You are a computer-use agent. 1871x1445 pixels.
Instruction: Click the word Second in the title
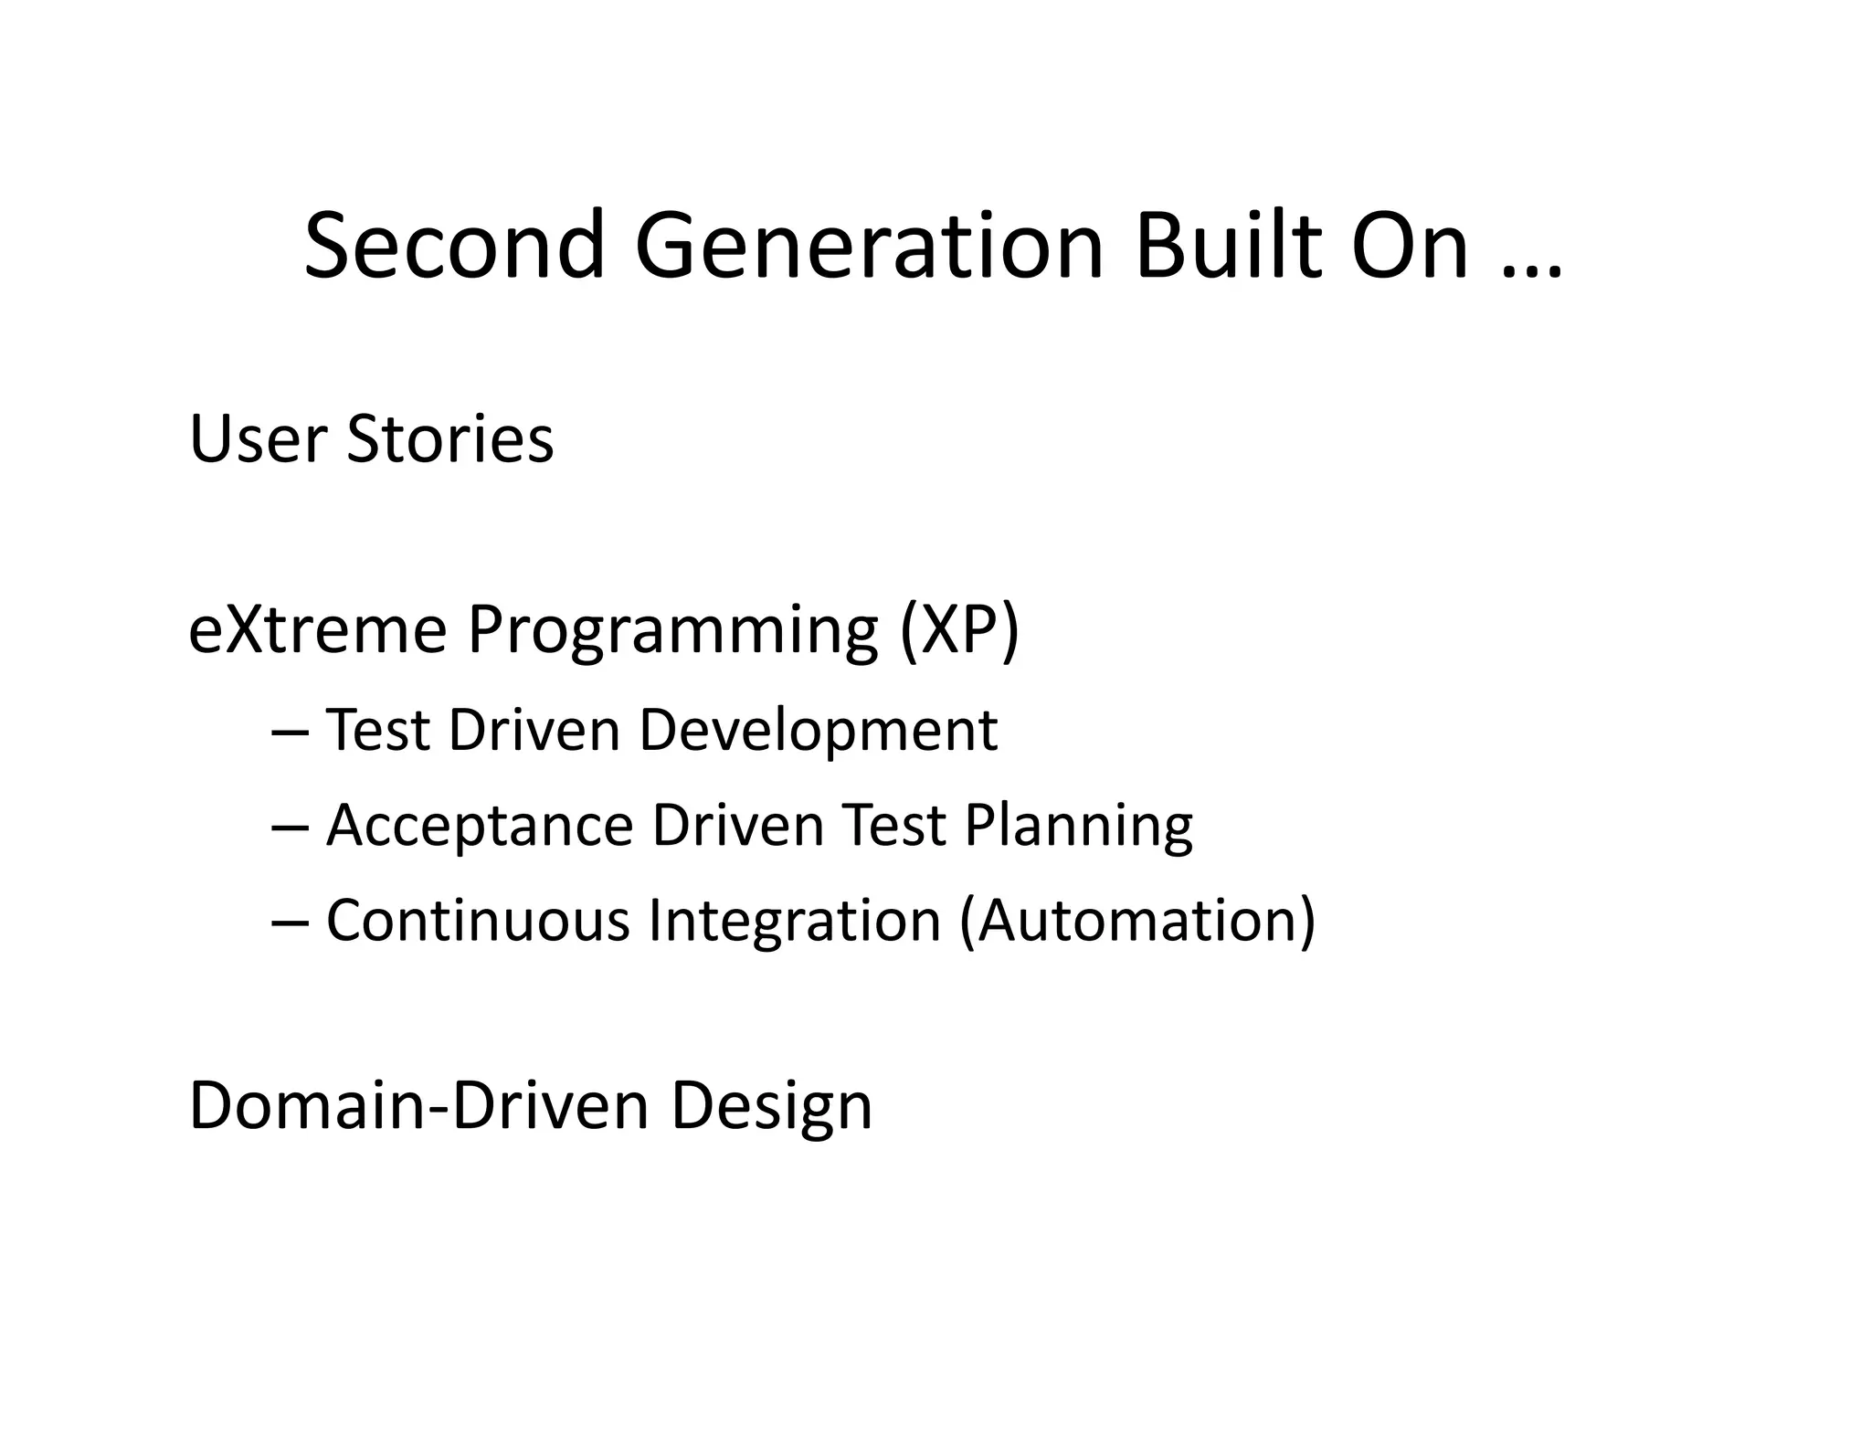(x=454, y=246)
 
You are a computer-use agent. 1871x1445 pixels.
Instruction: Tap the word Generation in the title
(x=869, y=246)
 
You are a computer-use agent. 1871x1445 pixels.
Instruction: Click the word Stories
(x=449, y=439)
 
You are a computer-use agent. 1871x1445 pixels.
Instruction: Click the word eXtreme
(x=317, y=629)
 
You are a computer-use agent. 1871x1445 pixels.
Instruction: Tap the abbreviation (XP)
(x=959, y=630)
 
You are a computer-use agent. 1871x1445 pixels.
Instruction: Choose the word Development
(x=818, y=732)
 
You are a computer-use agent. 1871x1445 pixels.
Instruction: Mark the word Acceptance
(x=480, y=827)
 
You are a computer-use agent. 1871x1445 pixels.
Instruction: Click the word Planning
(x=1078, y=827)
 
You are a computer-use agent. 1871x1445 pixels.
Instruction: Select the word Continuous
(x=478, y=921)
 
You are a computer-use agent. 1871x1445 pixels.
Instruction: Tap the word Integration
(x=794, y=921)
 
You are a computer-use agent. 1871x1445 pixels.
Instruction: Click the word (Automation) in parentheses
(x=1137, y=921)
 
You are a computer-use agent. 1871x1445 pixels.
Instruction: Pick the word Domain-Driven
(x=418, y=1106)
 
